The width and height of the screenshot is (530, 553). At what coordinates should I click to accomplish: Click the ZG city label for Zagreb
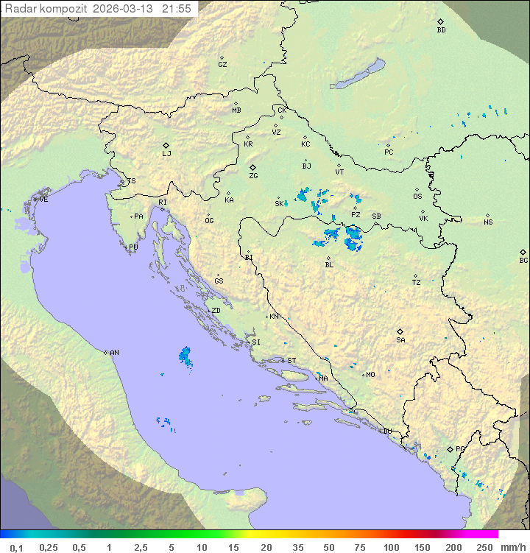(x=253, y=176)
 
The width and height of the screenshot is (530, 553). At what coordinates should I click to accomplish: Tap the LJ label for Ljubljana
(x=166, y=154)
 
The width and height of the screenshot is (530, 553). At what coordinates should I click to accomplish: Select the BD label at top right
(x=441, y=30)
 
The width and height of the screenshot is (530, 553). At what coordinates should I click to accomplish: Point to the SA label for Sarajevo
(x=400, y=340)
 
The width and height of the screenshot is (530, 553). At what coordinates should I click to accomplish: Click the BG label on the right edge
(x=523, y=260)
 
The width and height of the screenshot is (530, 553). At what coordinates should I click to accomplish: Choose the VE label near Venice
(x=43, y=200)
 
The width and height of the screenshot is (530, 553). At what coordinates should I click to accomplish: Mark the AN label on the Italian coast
(x=114, y=353)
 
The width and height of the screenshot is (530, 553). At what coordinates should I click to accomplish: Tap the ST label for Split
(x=291, y=361)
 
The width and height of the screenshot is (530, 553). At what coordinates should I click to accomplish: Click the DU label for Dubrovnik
(x=386, y=432)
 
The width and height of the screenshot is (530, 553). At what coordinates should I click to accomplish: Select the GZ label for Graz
(x=222, y=65)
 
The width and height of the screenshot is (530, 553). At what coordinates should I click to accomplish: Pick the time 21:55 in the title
(x=178, y=9)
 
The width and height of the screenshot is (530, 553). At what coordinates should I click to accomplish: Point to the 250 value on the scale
(x=484, y=547)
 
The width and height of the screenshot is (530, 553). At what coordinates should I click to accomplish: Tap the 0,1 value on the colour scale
(x=16, y=547)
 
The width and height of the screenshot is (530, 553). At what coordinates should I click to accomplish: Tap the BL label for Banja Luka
(x=329, y=264)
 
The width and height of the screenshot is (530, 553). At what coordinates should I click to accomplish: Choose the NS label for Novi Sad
(x=488, y=222)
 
